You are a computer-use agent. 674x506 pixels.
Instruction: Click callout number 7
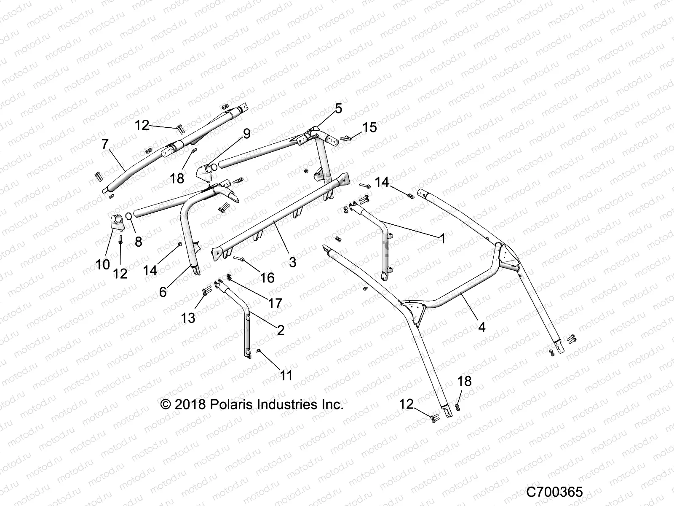[105, 145]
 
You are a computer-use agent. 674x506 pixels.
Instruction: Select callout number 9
[246, 134]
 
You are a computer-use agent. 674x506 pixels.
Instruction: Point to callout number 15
[369, 127]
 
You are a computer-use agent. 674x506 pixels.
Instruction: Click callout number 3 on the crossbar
[292, 262]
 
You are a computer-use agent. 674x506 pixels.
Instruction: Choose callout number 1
[442, 239]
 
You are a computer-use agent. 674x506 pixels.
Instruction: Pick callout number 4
[482, 327]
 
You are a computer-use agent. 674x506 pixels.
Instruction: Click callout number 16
[267, 277]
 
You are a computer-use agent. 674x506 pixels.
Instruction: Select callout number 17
[275, 303]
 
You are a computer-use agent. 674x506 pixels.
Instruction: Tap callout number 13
[188, 318]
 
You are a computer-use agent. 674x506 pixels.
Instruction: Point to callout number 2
[280, 330]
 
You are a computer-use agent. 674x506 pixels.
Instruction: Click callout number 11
[286, 375]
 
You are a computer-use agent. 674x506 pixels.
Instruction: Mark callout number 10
[102, 265]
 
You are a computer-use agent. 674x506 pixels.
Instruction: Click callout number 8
[138, 242]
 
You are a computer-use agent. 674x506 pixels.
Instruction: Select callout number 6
[163, 292]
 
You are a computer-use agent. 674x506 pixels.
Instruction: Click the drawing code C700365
[554, 492]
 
